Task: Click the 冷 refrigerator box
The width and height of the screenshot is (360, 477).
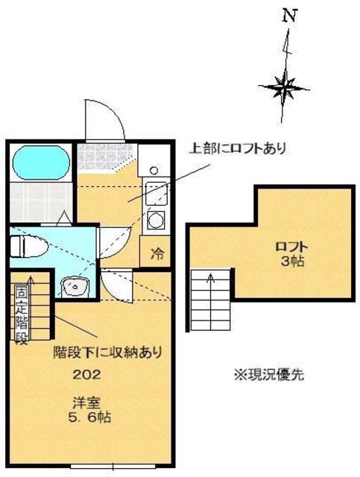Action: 157,253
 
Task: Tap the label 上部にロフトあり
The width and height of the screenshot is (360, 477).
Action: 239,148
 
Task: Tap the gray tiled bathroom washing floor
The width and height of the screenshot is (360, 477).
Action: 41,199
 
